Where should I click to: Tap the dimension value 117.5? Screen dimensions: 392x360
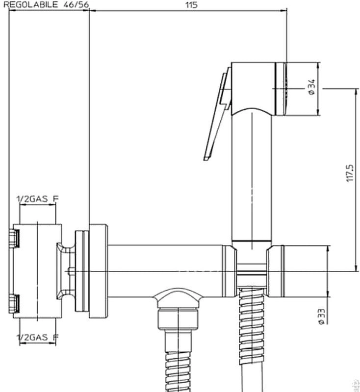pyautogui.click(x=349, y=173)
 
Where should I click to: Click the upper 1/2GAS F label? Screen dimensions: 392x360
pyautogui.click(x=38, y=198)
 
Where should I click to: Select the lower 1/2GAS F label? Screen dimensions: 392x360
pyautogui.click(x=38, y=337)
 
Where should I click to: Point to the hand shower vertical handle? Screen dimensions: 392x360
pyautogui.click(x=252, y=176)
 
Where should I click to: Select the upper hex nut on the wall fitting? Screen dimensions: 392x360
pyautogui.click(x=15, y=239)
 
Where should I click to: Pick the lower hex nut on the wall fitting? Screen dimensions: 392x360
pyautogui.click(x=15, y=303)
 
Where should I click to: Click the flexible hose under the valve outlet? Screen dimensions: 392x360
pyautogui.click(x=180, y=363)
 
